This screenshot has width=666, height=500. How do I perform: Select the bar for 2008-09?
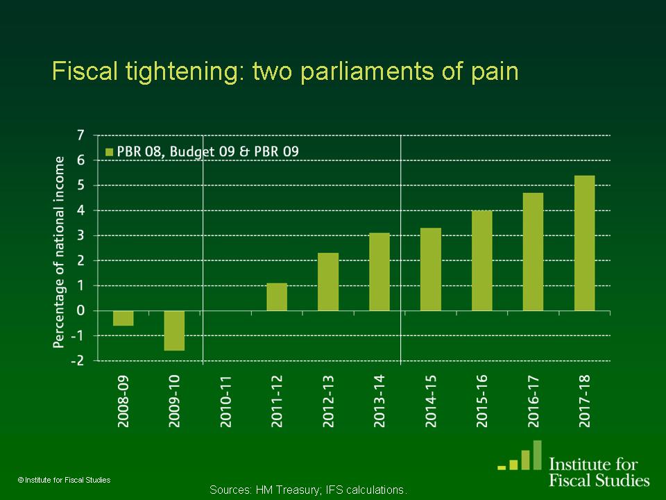123,318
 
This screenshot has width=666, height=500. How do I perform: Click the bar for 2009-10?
174,331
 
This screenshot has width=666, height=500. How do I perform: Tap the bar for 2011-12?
277,297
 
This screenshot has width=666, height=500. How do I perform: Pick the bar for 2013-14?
379,272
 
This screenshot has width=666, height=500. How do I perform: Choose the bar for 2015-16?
482,260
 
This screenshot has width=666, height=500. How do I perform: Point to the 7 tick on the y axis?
80,135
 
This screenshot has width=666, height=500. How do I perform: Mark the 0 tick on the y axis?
80,310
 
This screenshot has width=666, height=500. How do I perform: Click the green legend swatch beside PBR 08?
110,151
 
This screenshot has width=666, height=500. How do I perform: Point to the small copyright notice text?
64,480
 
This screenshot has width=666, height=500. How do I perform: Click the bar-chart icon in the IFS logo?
524,456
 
